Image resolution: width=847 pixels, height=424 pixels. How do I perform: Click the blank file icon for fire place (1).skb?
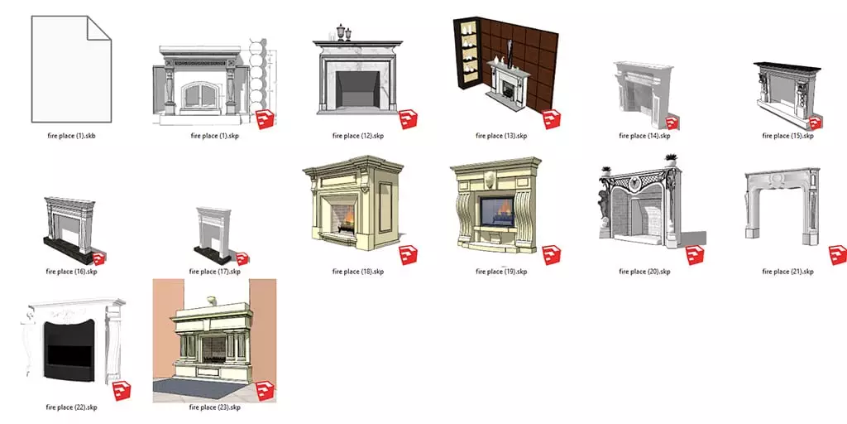click(70, 70)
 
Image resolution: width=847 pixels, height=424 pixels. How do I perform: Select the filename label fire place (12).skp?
click(358, 135)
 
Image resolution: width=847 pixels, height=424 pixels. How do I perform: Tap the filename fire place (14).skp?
click(644, 135)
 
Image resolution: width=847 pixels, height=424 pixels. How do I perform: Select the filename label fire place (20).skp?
click(644, 271)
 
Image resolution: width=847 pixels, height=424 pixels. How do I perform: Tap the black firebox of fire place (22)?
click(69, 349)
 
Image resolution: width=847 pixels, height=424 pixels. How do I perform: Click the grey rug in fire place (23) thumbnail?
click(199, 387)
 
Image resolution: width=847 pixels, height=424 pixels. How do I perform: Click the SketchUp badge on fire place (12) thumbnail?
click(408, 119)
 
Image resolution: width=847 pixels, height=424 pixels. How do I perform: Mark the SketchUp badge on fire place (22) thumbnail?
click(122, 392)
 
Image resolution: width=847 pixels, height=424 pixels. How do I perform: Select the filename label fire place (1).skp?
click(215, 135)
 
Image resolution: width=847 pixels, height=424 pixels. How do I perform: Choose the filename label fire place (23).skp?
click(215, 407)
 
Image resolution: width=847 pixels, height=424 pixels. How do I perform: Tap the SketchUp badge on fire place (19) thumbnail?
click(552, 254)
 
